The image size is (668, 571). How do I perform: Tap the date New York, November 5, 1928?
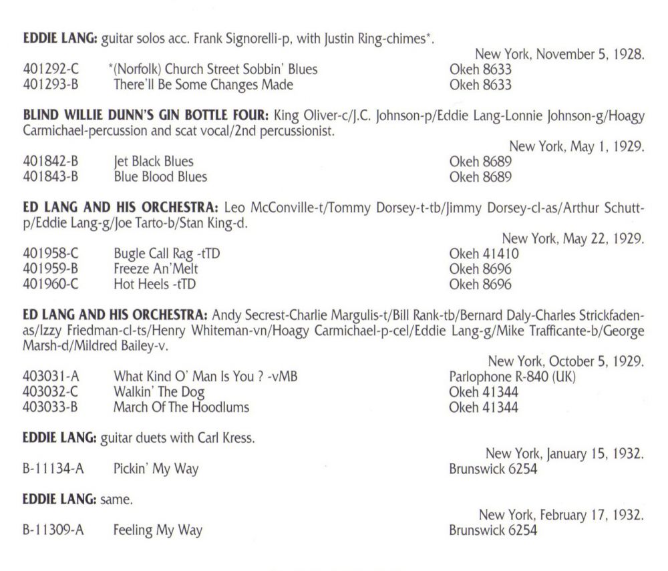559,55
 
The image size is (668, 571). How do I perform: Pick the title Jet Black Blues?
153,162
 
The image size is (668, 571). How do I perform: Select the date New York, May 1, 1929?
576,147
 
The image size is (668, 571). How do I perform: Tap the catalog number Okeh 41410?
484,254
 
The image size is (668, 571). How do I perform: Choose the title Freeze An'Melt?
156,269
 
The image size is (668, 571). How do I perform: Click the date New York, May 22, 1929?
572,239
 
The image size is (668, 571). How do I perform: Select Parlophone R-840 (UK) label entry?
512,377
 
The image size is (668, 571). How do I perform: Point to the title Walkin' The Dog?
159,392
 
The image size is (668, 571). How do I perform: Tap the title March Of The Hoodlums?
181,407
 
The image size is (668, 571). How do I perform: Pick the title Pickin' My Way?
156,469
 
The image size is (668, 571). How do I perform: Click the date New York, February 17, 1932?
561,515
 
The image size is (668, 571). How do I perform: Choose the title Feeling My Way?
158,531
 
